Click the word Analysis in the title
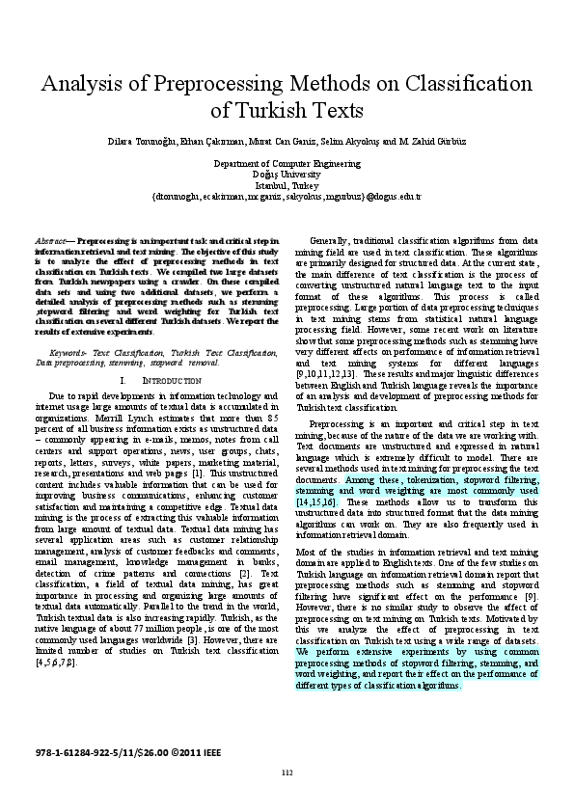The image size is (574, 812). click(x=83, y=83)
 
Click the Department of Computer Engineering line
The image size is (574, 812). click(x=287, y=165)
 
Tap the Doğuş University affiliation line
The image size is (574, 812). click(x=287, y=175)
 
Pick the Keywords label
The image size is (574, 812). click(x=69, y=354)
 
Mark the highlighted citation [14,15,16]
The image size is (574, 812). click(x=315, y=502)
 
